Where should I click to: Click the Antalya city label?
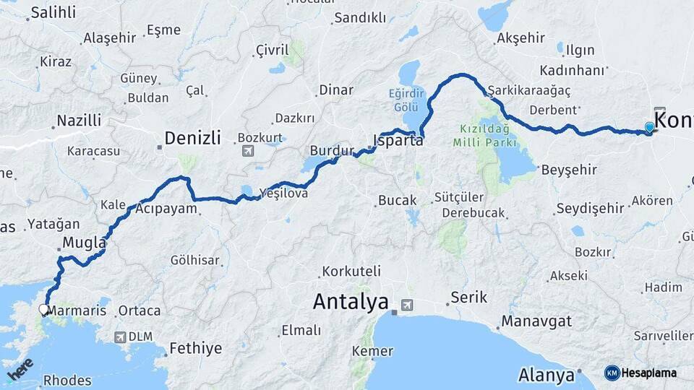(x=351, y=302)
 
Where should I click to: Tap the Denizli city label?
(x=192, y=137)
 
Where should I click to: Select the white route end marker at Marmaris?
(x=43, y=310)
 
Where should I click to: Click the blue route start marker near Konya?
(x=649, y=128)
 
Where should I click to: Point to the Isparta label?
(x=398, y=140)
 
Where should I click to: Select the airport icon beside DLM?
(x=120, y=337)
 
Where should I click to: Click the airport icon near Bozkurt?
(x=248, y=151)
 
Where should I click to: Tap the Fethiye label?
(x=195, y=349)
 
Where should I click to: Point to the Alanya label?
(x=546, y=376)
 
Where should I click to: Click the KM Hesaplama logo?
(x=641, y=373)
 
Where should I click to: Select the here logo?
(x=20, y=369)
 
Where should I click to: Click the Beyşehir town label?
(x=570, y=170)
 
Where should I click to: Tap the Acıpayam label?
(x=166, y=209)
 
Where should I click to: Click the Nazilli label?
(x=79, y=121)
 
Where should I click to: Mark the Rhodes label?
(x=67, y=380)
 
